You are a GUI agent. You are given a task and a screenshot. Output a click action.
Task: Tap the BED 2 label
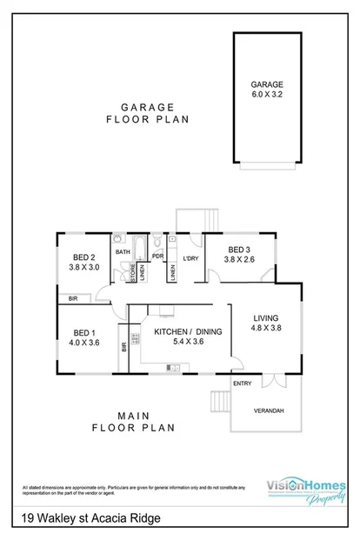(x=85, y=262)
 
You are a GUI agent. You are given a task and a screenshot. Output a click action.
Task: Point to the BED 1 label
(x=85, y=337)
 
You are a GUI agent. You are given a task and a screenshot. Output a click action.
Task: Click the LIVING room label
(x=267, y=324)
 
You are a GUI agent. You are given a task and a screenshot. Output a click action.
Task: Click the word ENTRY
(x=242, y=383)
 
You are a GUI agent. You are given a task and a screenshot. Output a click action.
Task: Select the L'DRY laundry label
(x=190, y=258)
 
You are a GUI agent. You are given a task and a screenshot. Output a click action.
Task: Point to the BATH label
(x=123, y=252)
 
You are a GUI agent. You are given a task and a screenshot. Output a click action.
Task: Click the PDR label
(x=158, y=257)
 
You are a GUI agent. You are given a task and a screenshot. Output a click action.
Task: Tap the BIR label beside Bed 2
(x=73, y=298)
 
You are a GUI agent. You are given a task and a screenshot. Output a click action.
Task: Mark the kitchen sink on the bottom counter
(x=173, y=368)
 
